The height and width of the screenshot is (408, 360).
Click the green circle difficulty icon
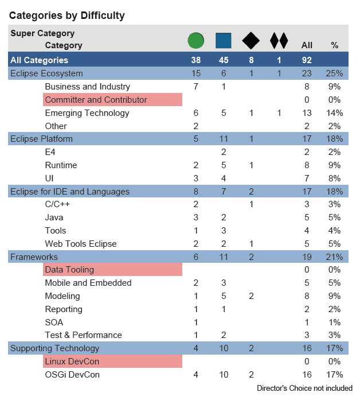pos(196,41)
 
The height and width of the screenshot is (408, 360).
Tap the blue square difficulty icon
pos(224,41)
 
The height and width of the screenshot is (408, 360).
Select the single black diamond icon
pos(251,41)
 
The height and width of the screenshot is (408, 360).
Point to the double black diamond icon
pos(279,41)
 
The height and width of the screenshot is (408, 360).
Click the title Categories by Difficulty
pos(66,15)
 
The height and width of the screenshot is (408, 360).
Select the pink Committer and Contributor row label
pos(96,100)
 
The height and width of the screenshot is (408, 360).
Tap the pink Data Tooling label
pos(69,270)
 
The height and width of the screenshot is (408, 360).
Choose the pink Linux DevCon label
pos(72,362)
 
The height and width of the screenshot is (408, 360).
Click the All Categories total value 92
pos(307,60)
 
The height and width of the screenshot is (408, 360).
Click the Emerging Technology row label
pos(87,113)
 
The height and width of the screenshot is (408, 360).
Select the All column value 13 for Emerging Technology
pos(307,113)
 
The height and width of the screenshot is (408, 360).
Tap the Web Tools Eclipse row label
pos(81,244)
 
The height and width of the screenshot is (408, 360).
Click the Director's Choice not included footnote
pos(304,388)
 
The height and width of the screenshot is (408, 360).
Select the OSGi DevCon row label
pos(72,375)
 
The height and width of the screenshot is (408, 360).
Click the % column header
pos(335,45)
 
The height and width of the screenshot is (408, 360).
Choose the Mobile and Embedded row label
pos(88,283)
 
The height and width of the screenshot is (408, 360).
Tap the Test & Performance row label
pos(83,335)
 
